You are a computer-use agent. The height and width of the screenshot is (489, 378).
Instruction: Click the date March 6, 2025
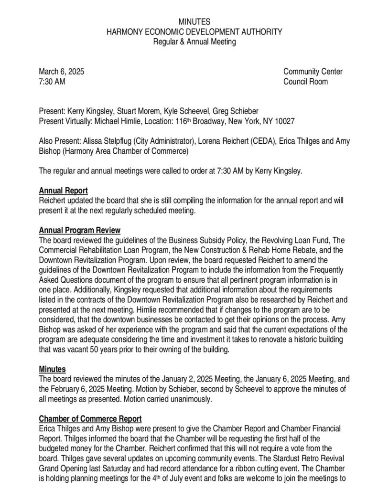tap(62, 72)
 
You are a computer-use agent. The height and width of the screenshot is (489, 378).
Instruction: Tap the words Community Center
tap(313, 72)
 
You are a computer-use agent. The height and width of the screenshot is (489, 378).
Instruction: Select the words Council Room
tap(305, 81)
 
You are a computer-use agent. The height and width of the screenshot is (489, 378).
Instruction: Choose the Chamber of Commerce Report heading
tap(90, 419)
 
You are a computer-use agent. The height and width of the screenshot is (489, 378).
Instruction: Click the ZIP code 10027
tap(282, 121)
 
